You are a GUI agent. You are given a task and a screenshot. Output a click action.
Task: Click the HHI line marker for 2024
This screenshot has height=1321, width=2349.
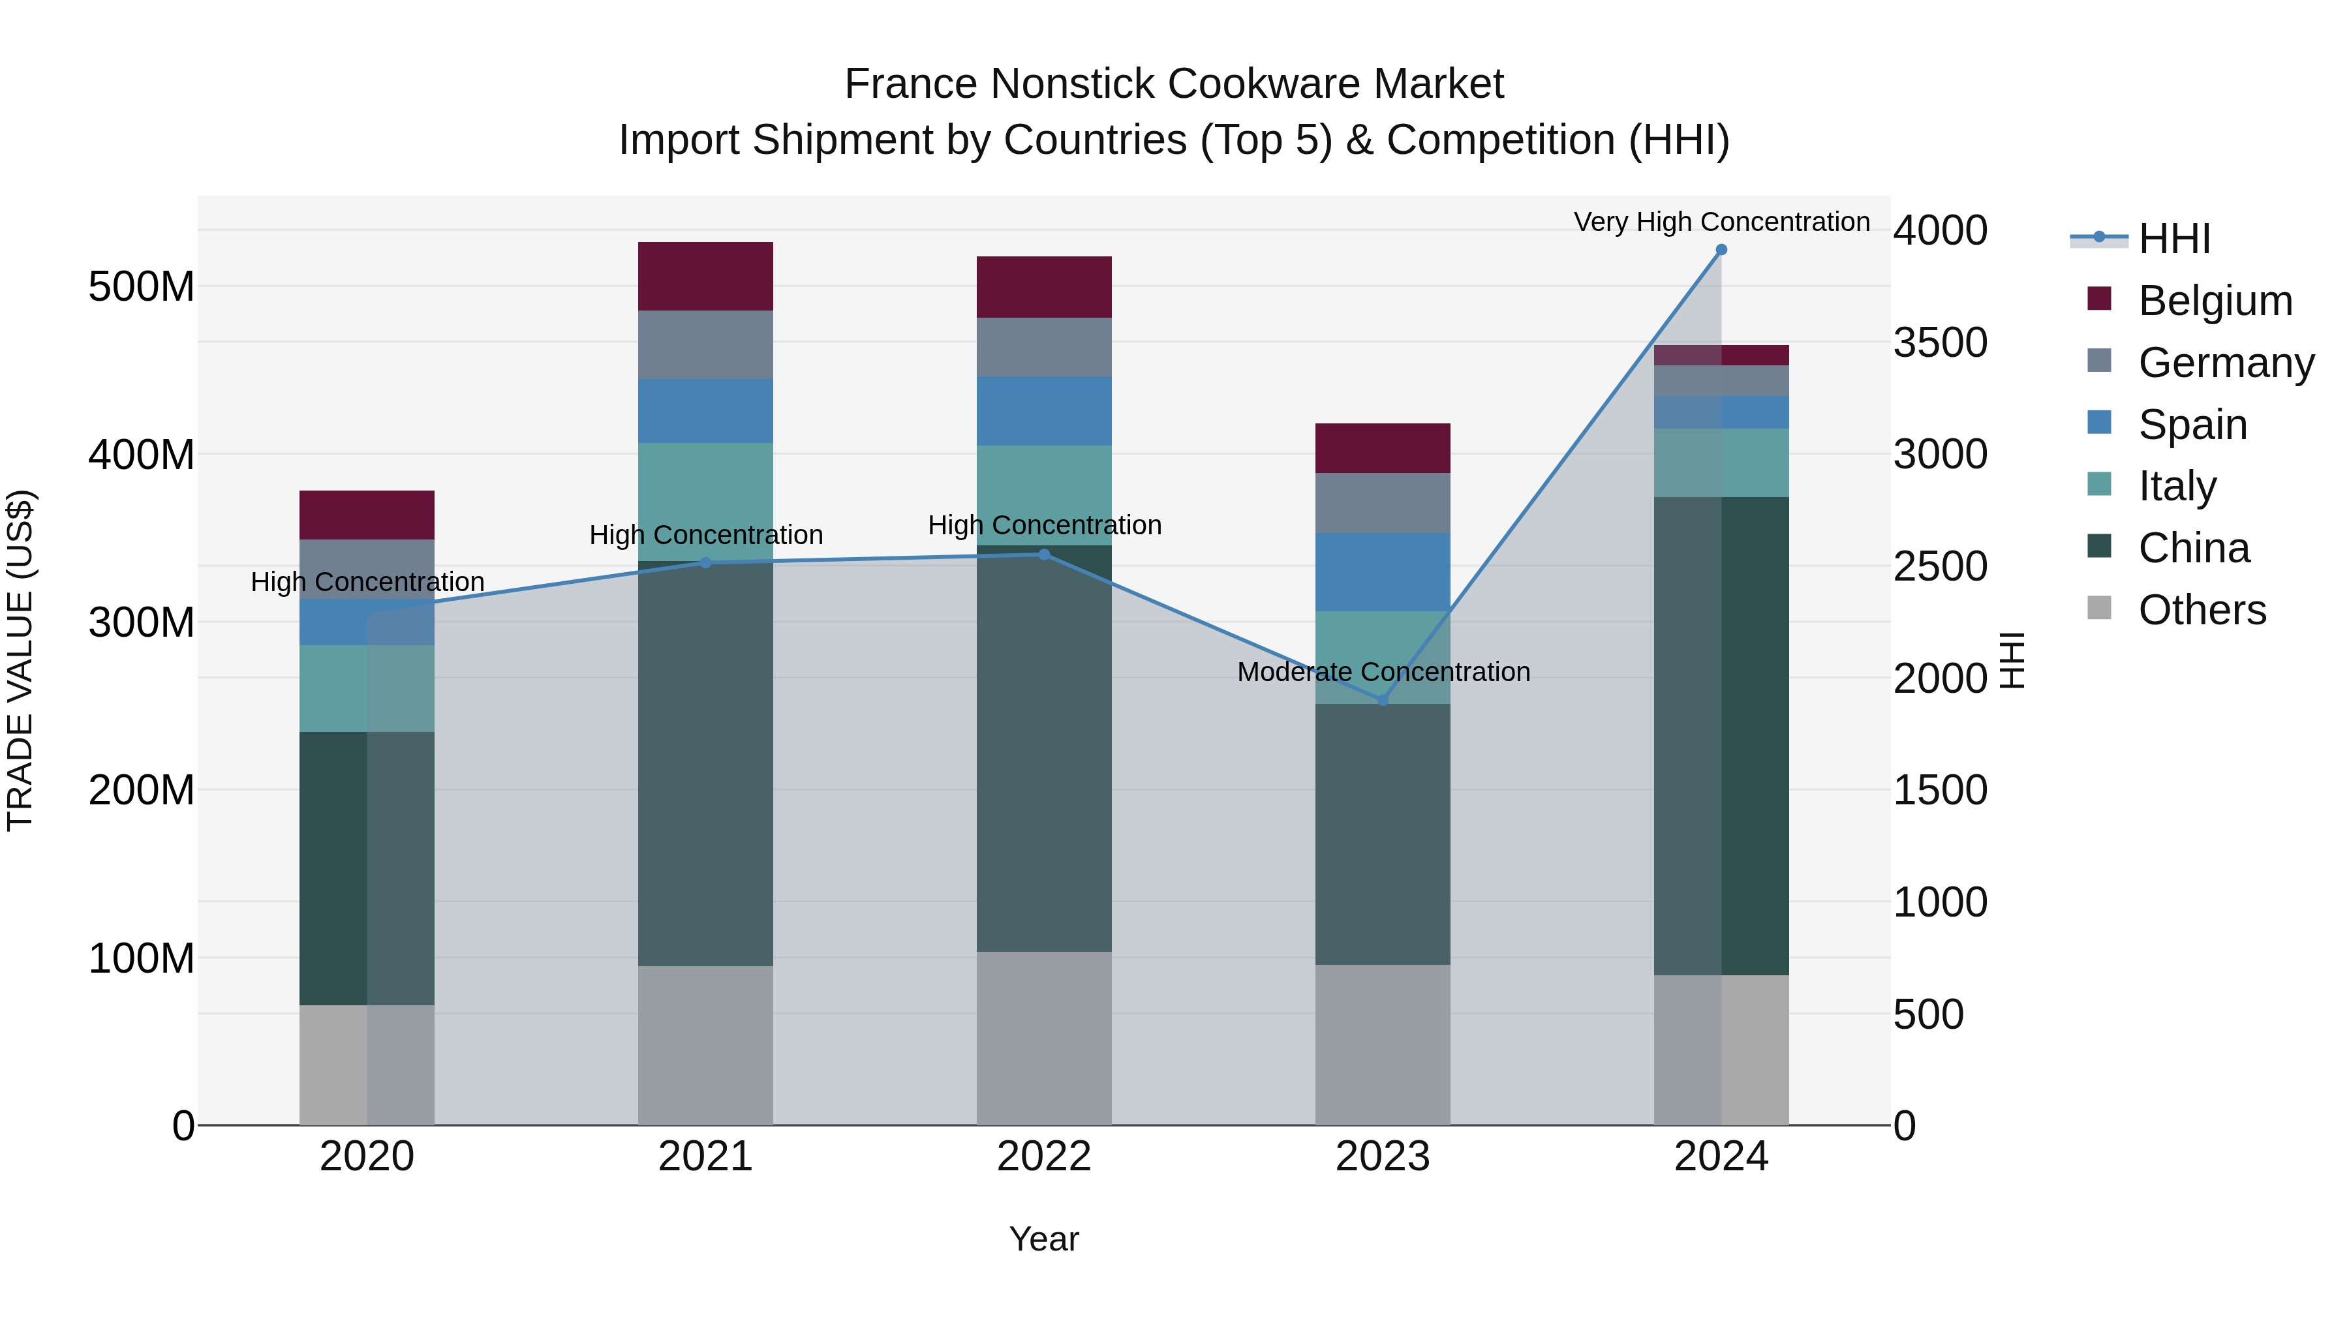[x=1721, y=250]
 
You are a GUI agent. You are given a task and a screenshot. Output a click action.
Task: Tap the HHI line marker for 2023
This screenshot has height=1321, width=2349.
[x=1383, y=700]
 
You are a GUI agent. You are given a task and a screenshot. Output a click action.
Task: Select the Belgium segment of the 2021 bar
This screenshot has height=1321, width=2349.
[x=705, y=276]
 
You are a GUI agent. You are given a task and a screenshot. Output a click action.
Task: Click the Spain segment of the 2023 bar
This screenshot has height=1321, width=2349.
[x=1383, y=571]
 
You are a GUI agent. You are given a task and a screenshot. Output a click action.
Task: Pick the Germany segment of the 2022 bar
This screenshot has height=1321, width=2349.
[x=1043, y=347]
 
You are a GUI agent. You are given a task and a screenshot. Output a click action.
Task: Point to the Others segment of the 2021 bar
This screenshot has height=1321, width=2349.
[x=705, y=1045]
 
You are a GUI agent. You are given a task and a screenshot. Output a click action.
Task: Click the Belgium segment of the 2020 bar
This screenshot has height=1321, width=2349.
[x=367, y=515]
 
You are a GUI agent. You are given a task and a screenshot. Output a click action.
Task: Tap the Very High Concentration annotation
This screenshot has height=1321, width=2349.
[x=1721, y=222]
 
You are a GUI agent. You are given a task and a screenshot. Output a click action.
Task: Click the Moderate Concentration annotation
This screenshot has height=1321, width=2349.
[x=1383, y=672]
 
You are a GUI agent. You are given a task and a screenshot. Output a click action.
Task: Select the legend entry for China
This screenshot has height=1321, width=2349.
[x=2193, y=548]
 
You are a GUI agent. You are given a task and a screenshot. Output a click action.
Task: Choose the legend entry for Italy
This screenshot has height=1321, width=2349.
[x=2177, y=486]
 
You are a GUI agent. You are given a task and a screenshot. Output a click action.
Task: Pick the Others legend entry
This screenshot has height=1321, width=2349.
[x=2202, y=610]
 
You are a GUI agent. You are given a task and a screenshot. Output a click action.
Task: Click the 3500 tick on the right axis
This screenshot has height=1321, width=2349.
[x=1940, y=342]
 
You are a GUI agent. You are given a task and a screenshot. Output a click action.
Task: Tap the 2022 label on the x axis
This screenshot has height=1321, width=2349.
[x=1043, y=1157]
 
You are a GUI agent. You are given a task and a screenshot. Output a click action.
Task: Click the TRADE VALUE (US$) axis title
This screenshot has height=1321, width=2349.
[x=20, y=660]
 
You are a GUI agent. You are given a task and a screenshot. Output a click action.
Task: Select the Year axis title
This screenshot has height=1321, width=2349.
[x=1043, y=1239]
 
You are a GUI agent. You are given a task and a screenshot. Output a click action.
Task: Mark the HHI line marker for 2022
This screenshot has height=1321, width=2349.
[x=1043, y=554]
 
